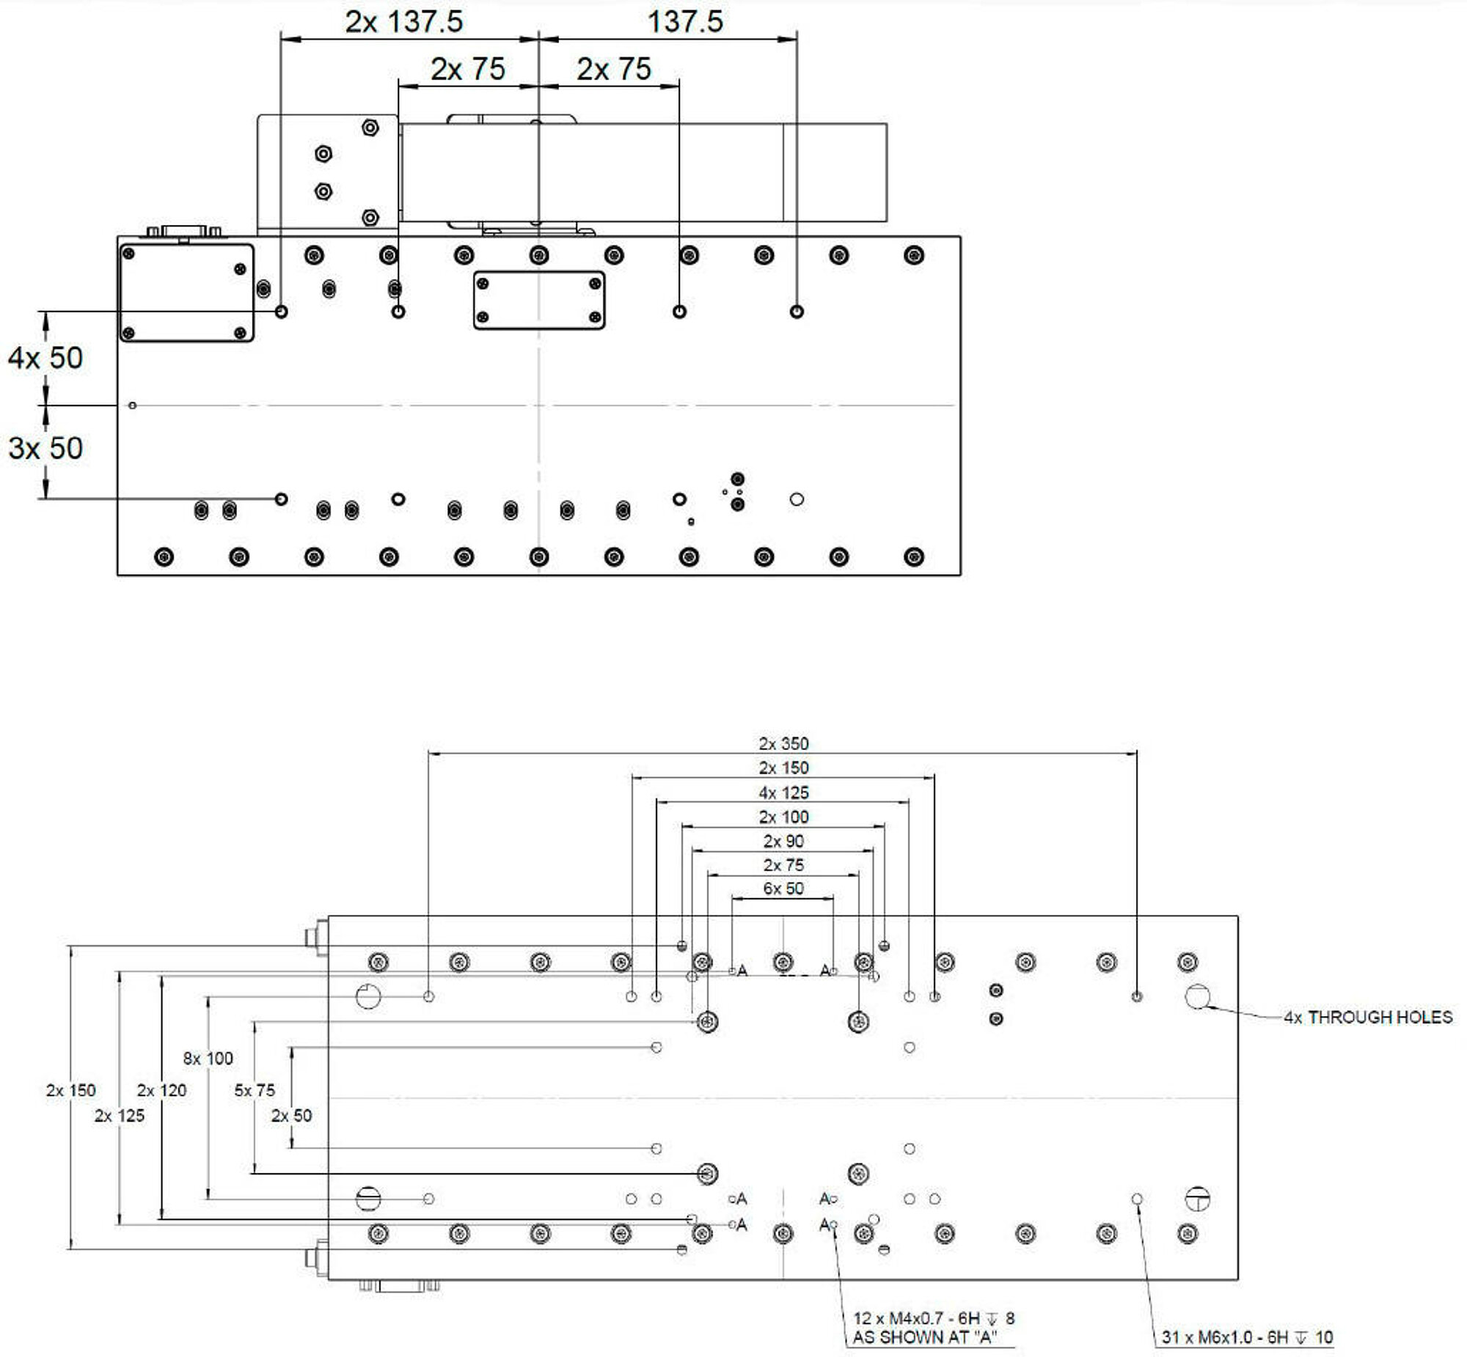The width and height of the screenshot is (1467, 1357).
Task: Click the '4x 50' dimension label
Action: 45,358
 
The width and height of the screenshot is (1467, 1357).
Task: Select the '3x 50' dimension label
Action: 45,449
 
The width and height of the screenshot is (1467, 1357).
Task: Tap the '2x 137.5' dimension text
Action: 404,22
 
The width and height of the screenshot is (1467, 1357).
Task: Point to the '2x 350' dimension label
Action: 783,744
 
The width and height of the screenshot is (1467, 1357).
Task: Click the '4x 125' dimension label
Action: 783,793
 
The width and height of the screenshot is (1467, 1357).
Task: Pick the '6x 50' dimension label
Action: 783,889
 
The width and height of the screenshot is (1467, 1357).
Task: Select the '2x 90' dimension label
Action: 783,842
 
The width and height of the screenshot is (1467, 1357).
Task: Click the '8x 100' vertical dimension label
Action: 208,1058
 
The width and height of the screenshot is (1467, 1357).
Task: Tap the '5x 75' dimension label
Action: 255,1090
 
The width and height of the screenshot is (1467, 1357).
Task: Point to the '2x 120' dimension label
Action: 161,1090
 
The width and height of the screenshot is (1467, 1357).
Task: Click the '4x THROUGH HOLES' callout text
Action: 1368,1017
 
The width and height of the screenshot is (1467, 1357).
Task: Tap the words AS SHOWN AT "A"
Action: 924,1337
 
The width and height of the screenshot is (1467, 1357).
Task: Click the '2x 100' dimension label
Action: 783,817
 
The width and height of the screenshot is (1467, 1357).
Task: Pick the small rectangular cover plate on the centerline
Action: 539,301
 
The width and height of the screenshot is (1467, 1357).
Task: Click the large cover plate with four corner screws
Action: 186,293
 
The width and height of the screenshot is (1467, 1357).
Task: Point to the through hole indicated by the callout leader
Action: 1196,996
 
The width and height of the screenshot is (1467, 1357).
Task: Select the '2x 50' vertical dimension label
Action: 292,1115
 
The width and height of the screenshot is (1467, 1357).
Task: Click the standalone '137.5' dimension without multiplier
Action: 684,22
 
